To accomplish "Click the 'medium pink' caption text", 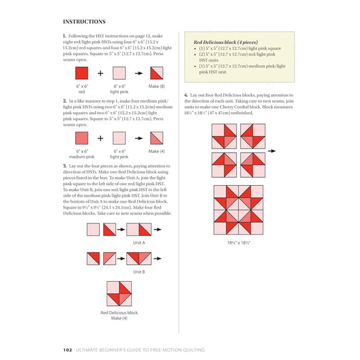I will pyautogui.click(x=81, y=156).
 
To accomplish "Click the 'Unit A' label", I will pyautogui.click(x=139, y=242).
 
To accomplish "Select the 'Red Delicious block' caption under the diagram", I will pyautogui.click(x=119, y=313).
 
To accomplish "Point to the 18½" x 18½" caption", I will pyautogui.click(x=239, y=242).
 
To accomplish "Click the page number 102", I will pyautogui.click(x=67, y=349).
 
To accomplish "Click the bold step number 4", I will pyautogui.click(x=186, y=95).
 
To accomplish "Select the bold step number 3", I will pyautogui.click(x=63, y=165).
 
